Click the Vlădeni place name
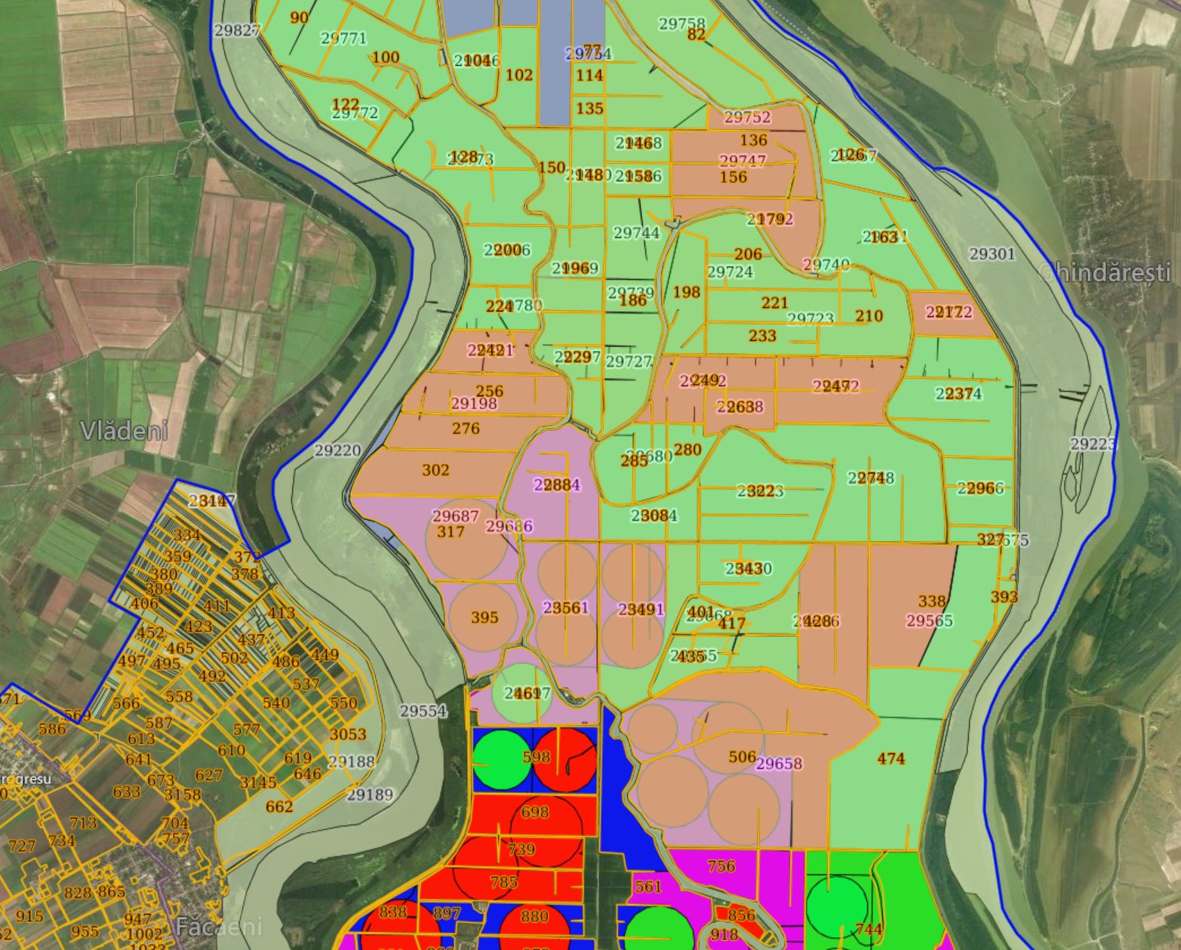(x=124, y=431)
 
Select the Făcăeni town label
(x=219, y=926)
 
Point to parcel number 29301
(x=992, y=254)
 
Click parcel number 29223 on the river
(x=1093, y=444)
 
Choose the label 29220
(x=337, y=450)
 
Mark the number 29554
(x=423, y=711)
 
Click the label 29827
(x=236, y=30)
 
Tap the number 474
(x=890, y=758)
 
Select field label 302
(x=435, y=470)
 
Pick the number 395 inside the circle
(x=484, y=617)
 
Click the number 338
(x=932, y=601)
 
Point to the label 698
(x=535, y=812)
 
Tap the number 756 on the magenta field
(x=721, y=865)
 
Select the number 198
(x=686, y=292)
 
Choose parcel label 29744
(x=636, y=233)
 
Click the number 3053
(x=348, y=734)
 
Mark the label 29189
(x=370, y=795)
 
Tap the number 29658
(x=779, y=764)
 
